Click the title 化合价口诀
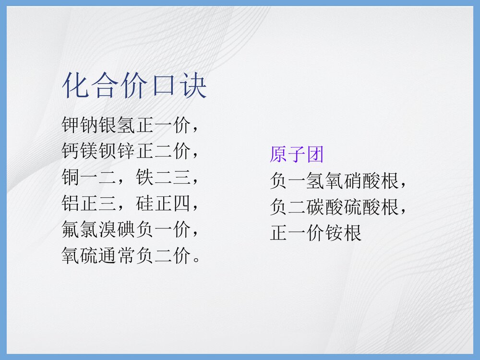(x=135, y=86)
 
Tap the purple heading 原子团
(x=297, y=155)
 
